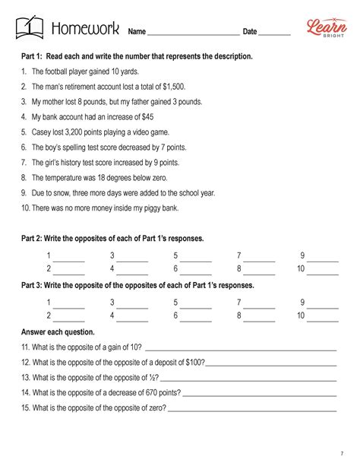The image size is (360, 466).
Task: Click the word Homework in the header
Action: (84, 30)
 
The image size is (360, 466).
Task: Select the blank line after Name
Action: (194, 35)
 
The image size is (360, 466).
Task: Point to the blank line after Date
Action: (276, 35)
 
